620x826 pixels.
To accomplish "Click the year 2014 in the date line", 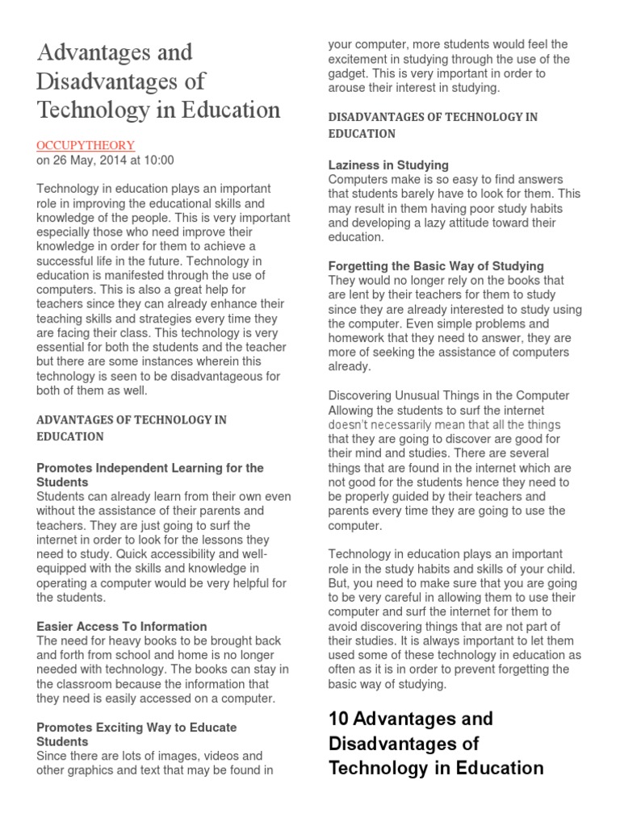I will [114, 160].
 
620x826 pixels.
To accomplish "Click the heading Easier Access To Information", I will [122, 626].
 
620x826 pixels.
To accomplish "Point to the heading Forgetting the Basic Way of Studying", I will [436, 265].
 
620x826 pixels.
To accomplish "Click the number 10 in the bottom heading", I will [337, 718].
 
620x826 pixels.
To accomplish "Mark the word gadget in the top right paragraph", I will [350, 73].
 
